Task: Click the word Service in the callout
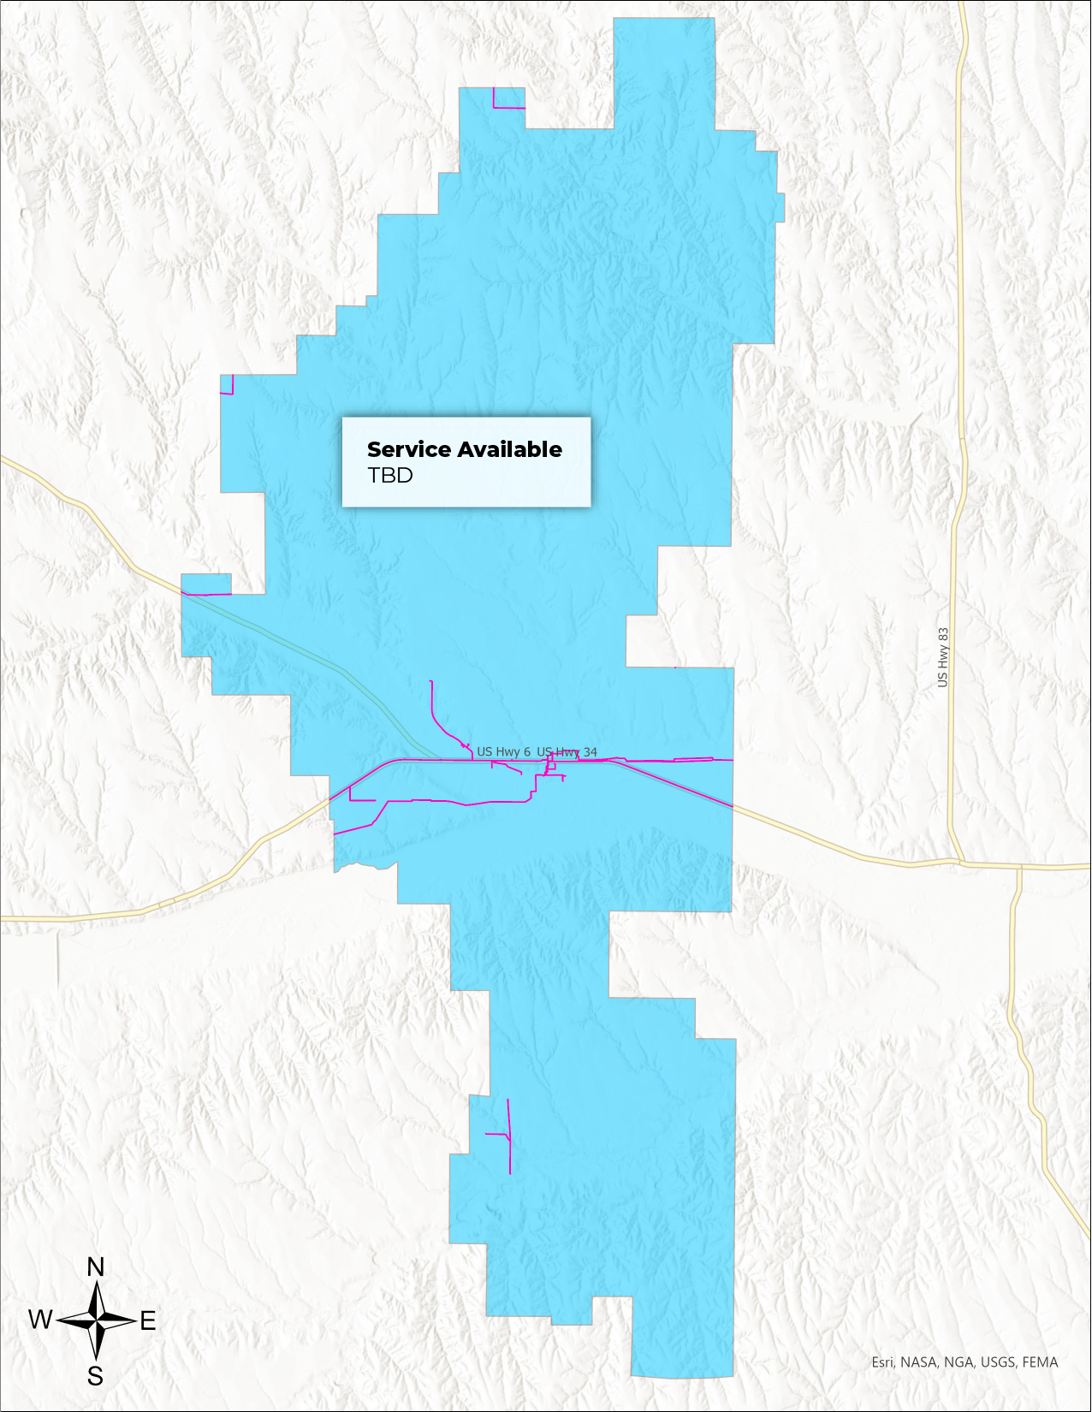408,450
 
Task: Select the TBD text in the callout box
389,476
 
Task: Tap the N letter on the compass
96,1267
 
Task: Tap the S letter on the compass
96,1376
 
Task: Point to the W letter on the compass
40,1320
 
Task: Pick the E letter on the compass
148,1321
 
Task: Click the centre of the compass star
97,1321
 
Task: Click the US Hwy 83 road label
943,657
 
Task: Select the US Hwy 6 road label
503,752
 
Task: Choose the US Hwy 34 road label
567,752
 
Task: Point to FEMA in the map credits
1040,1362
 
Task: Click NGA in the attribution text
958,1362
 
